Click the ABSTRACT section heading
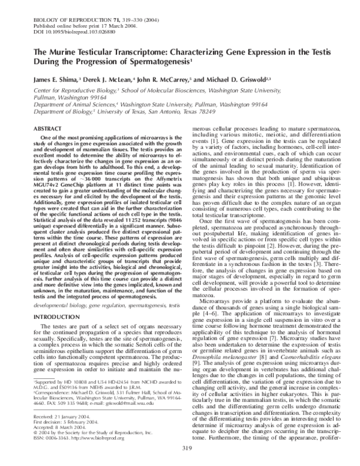[44, 129]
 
